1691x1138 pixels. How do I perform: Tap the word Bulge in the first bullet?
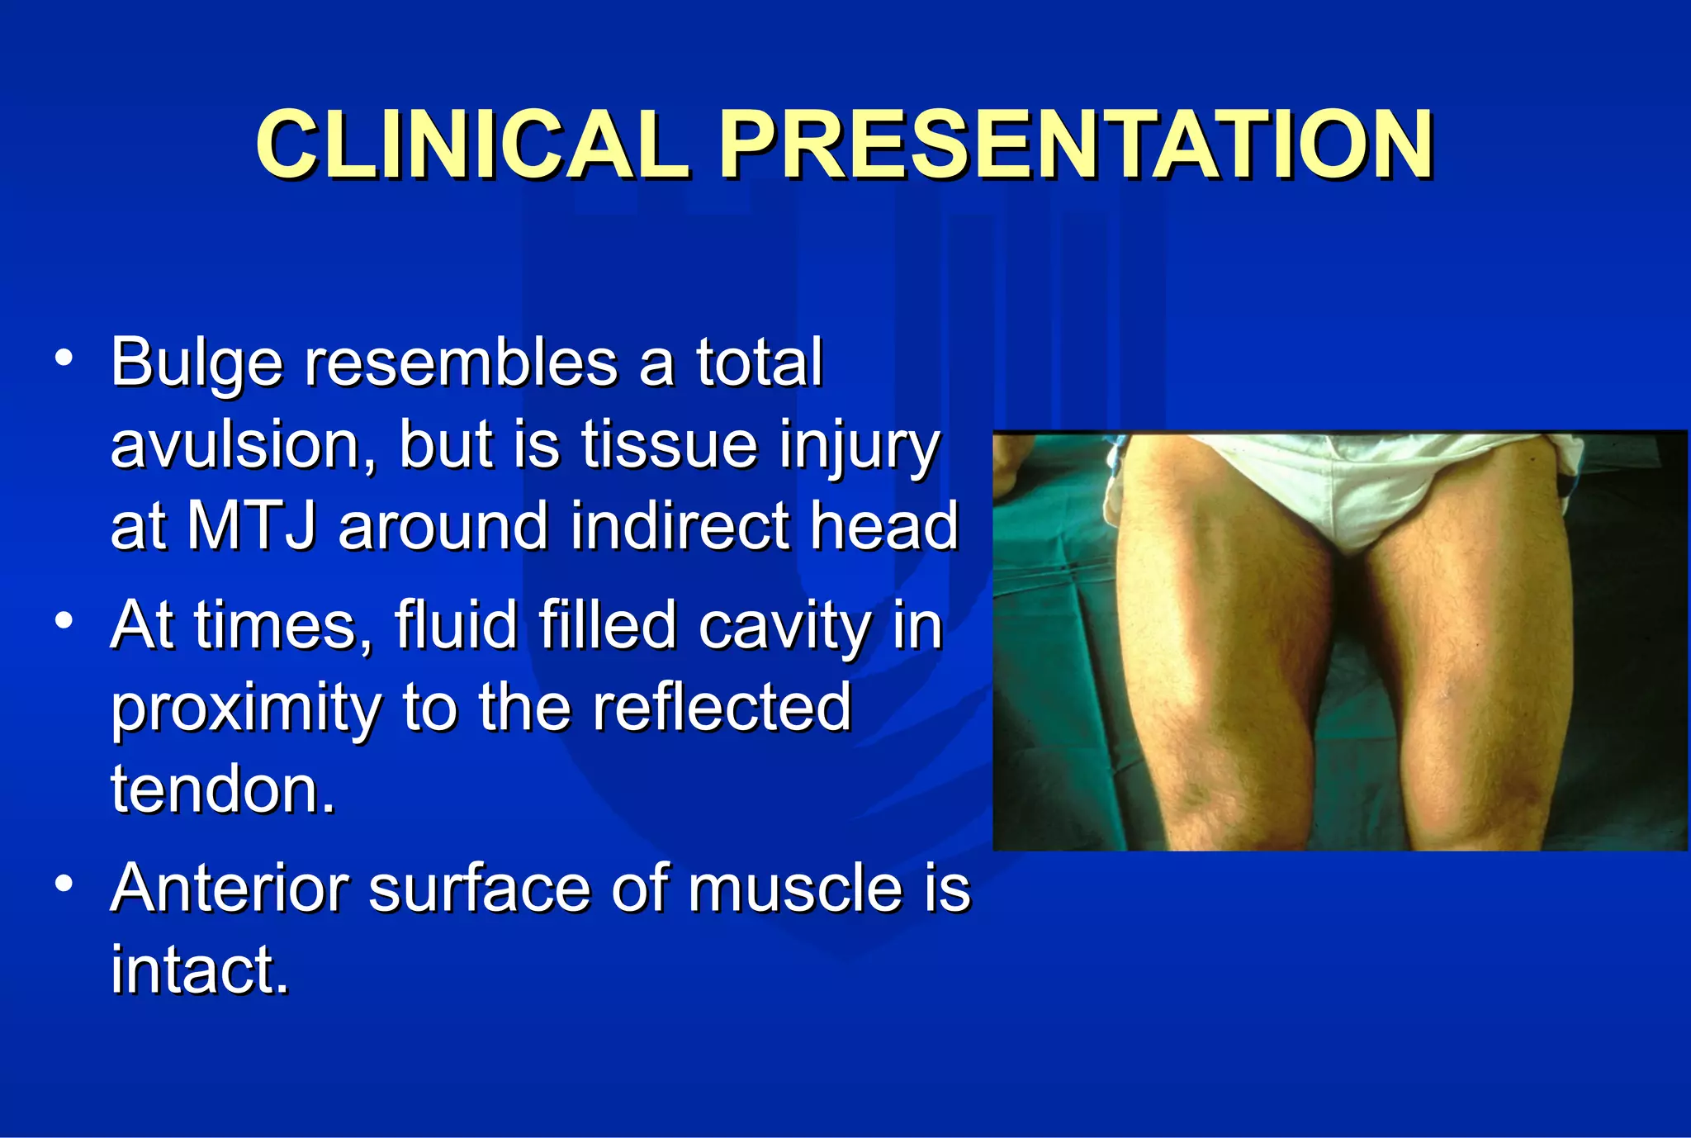(196, 363)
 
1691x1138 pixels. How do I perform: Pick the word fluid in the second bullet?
(455, 625)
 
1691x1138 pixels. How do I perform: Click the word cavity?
(785, 625)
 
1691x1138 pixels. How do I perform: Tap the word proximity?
(246, 709)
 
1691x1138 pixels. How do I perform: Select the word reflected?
(722, 707)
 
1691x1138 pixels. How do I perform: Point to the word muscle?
(794, 889)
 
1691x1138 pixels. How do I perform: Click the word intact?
(200, 970)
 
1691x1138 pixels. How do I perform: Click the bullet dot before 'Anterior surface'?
(64, 884)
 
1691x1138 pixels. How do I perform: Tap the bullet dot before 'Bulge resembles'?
(64, 358)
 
